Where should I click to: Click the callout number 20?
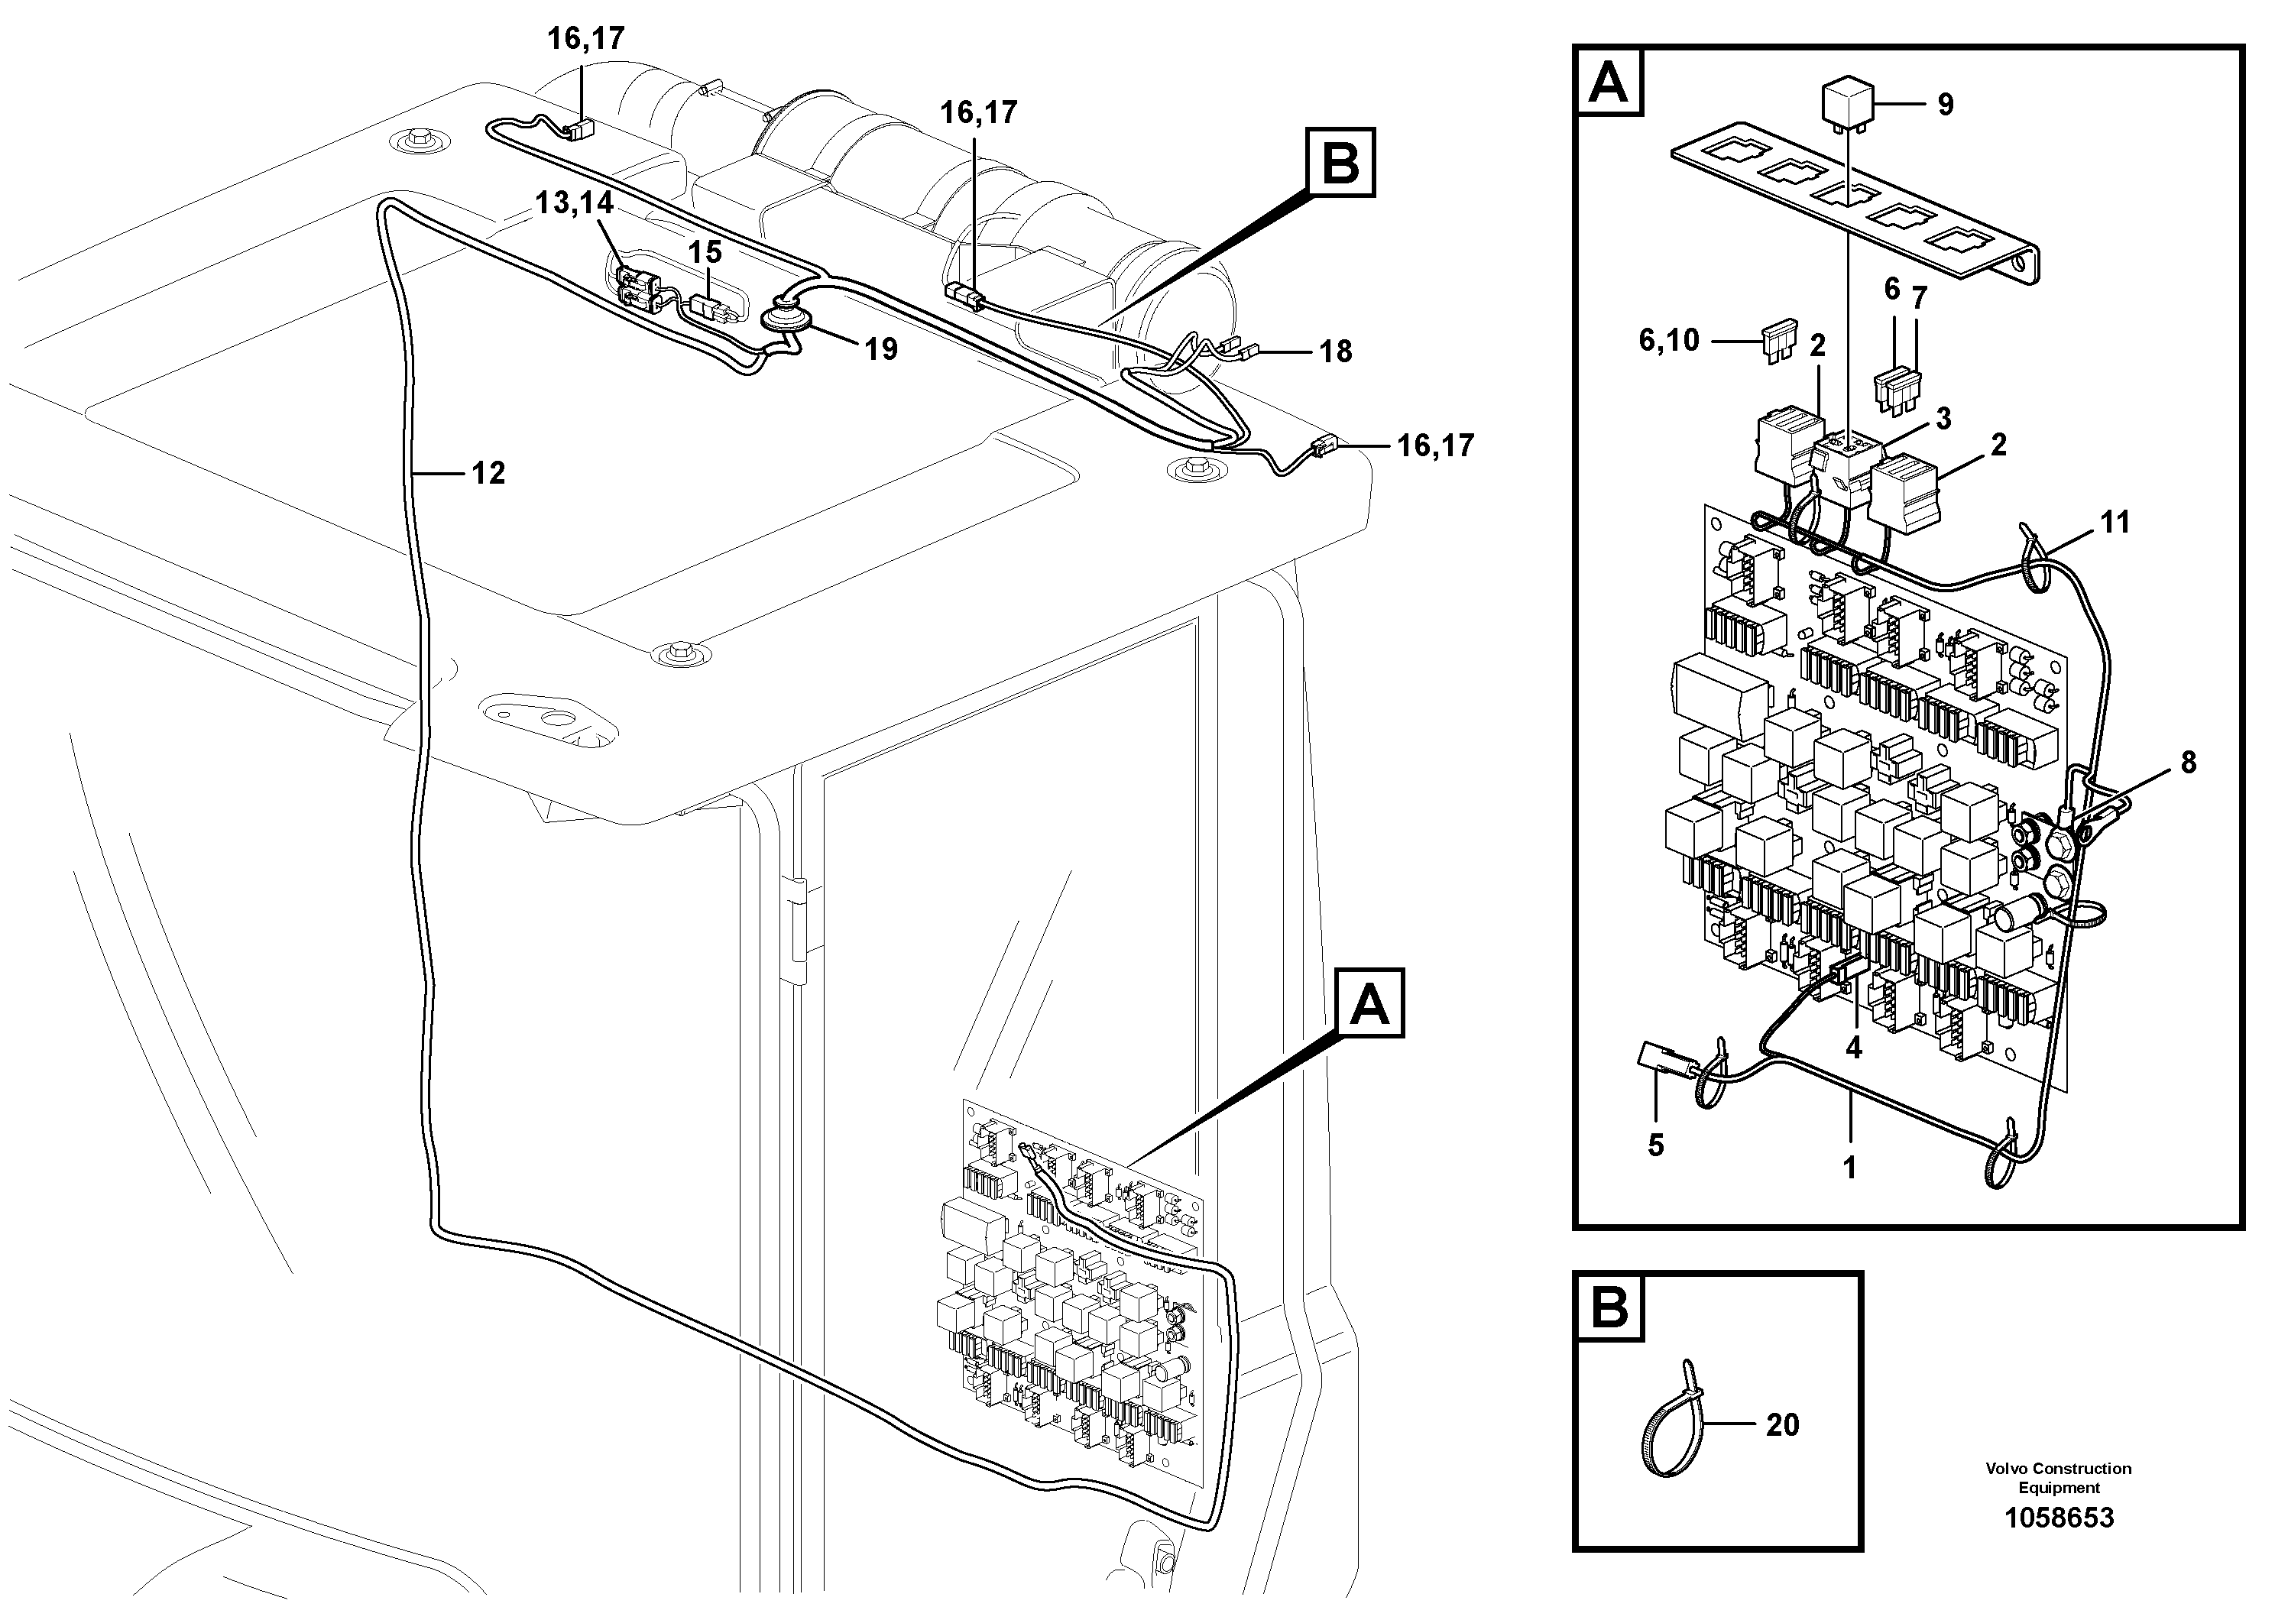[x=1783, y=1424]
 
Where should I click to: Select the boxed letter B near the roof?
[x=1340, y=163]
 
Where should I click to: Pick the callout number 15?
[x=705, y=253]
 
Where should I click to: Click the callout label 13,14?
[x=574, y=203]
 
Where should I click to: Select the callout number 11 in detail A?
[x=2115, y=522]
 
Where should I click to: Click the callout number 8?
[x=2188, y=763]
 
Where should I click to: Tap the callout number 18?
[x=1335, y=352]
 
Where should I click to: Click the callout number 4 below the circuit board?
[x=1853, y=1047]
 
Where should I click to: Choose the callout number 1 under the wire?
[x=1849, y=1167]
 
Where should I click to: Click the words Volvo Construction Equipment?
[x=2058, y=1477]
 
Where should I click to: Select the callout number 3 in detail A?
[x=1943, y=419]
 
